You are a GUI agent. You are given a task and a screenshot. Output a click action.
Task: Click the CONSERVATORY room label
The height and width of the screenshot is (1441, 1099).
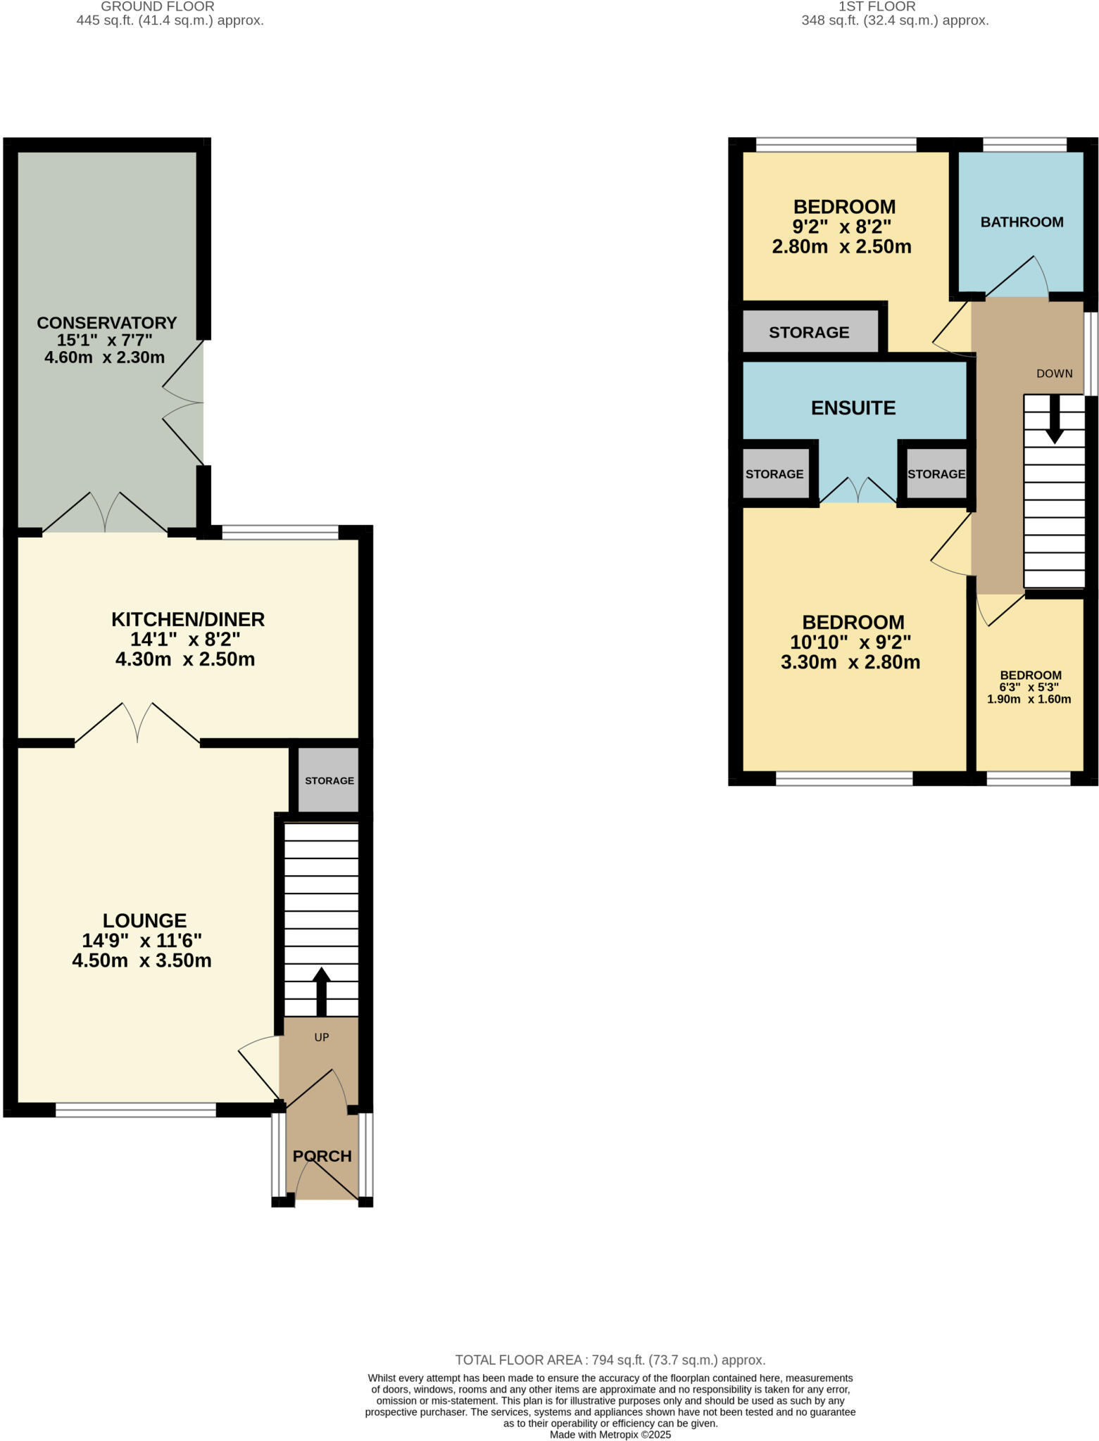click(106, 323)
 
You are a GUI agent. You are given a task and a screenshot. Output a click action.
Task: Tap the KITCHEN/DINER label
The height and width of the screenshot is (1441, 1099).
click(188, 620)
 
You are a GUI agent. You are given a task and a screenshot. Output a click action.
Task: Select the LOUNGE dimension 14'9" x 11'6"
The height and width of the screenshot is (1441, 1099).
click(142, 941)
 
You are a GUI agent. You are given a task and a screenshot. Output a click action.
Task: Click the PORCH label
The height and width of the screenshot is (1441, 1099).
click(322, 1156)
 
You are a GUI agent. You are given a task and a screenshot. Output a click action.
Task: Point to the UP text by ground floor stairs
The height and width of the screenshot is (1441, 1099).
click(322, 1037)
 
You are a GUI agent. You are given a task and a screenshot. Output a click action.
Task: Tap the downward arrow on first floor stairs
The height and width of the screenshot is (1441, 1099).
click(1054, 419)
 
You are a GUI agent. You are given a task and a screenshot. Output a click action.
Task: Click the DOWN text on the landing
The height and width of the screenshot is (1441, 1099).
click(1054, 374)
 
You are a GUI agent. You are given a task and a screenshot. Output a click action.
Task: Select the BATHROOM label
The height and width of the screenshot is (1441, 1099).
click(1022, 222)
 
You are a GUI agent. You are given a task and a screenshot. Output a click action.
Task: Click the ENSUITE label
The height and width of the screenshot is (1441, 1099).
click(853, 408)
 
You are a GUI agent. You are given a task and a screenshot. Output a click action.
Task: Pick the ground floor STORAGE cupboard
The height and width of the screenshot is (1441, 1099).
click(329, 780)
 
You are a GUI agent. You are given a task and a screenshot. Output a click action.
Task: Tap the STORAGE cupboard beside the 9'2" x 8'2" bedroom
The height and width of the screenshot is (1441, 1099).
click(809, 332)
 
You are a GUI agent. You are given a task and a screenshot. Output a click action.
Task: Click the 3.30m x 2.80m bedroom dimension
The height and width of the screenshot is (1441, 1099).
click(850, 662)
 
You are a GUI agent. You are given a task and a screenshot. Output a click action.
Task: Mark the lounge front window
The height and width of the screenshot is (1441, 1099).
click(136, 1110)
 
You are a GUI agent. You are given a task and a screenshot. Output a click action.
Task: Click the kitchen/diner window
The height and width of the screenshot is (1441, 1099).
click(280, 533)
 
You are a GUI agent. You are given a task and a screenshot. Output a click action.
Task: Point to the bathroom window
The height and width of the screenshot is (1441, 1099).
click(1024, 146)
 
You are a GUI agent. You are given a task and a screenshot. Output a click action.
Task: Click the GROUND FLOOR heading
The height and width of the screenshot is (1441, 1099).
click(158, 7)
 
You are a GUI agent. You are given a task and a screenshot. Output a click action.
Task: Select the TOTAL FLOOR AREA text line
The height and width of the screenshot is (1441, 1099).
click(610, 1360)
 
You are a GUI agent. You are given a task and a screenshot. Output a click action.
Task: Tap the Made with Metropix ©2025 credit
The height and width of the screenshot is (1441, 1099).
click(610, 1435)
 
